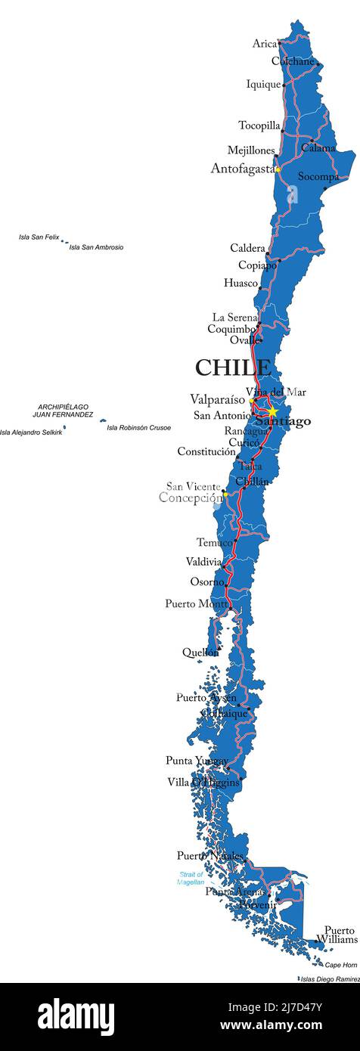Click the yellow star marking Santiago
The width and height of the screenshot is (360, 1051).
point(272,412)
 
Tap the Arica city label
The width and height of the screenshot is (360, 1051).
point(265,44)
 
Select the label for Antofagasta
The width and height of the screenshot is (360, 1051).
point(242,169)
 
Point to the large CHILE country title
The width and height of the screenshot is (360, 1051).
point(233,367)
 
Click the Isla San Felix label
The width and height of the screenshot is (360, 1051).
point(39,237)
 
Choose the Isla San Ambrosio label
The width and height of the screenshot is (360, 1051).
point(96,247)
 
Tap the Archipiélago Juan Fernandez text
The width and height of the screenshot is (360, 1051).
point(63,411)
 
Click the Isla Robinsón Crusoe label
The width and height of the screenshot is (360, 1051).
point(138,428)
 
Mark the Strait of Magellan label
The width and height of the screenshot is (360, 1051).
point(191,878)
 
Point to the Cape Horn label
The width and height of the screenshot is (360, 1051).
point(340,965)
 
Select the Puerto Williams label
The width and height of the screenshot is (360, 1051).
point(337,935)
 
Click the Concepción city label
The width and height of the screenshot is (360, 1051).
point(191,498)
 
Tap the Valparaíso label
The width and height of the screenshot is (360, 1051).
point(217,398)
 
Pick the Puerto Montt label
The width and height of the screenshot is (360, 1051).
point(196,603)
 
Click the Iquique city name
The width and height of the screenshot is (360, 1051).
point(263,85)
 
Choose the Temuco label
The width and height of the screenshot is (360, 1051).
point(215,542)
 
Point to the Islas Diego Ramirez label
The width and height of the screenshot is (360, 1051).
point(331,979)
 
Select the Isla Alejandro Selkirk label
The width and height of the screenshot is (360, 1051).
point(31,432)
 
